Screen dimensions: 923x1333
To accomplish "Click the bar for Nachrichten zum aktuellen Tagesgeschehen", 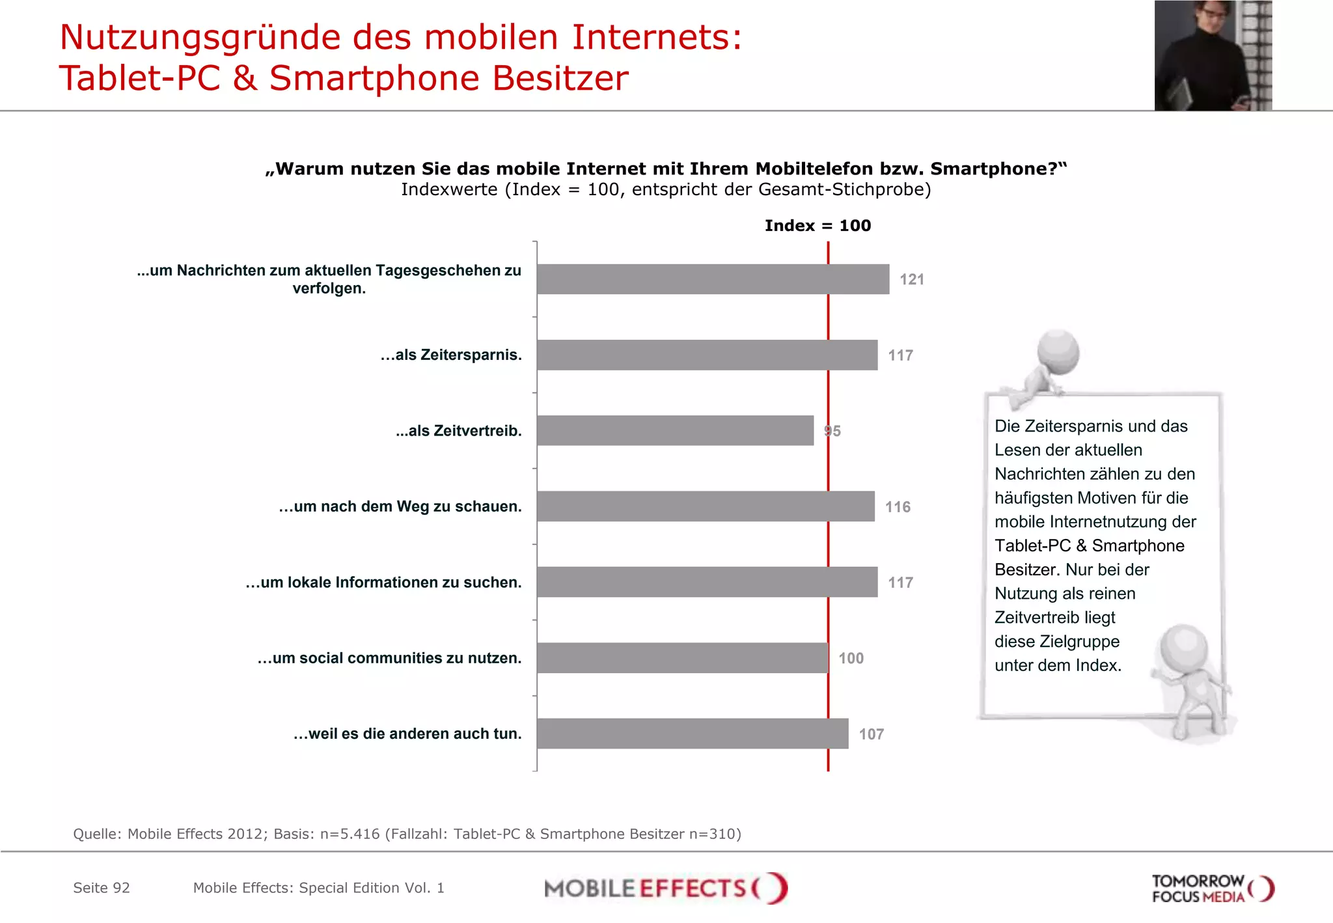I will coord(713,279).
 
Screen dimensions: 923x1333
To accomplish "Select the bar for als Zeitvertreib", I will coord(675,430).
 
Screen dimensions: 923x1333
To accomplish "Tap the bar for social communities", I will coord(682,657).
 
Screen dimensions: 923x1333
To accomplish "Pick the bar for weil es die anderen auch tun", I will coord(693,734).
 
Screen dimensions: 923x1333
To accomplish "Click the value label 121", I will coord(911,279).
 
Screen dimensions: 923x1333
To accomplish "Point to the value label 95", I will coord(832,431).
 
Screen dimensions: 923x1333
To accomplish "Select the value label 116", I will coord(898,506).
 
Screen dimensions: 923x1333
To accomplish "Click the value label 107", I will coord(871,734).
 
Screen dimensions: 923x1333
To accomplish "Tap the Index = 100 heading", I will coord(818,225).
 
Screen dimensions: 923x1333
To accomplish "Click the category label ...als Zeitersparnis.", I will coord(451,355).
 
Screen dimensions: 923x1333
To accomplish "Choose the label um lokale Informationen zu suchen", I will coord(383,582).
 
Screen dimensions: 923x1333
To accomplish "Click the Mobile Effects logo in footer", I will coord(665,888).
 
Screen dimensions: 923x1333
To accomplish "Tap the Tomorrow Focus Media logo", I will coord(1212,889).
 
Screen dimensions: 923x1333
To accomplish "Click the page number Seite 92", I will coord(102,888).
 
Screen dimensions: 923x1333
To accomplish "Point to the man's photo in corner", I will coord(1213,55).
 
